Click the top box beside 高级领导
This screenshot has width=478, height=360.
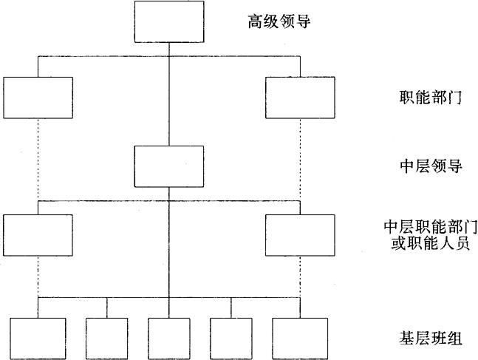coord(169,21)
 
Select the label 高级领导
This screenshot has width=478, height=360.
coord(278,21)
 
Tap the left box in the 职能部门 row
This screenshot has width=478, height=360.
coord(38,98)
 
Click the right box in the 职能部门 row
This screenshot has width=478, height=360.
coord(300,98)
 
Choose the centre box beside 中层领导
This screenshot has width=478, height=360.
coord(169,166)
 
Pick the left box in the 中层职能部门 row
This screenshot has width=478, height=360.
coord(38,235)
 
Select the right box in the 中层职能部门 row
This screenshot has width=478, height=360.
coord(300,235)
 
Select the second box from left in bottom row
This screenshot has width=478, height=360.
coord(107,339)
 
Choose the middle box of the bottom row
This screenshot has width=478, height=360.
coord(169,339)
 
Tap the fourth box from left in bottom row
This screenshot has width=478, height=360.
coord(231,339)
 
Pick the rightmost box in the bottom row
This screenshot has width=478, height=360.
coord(300,339)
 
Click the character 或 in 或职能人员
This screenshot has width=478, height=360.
coord(397,243)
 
